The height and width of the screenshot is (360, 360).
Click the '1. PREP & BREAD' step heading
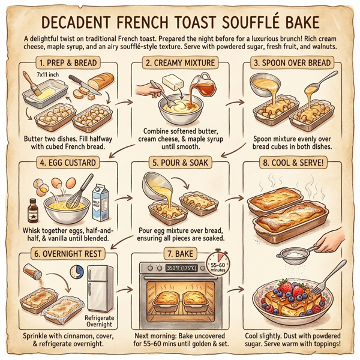click(x=67, y=62)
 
